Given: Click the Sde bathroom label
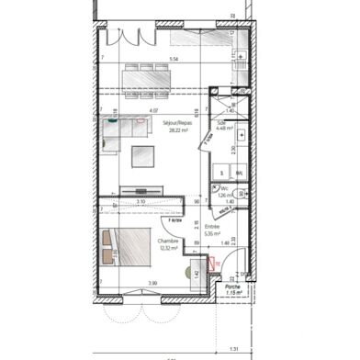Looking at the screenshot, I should click(x=222, y=121).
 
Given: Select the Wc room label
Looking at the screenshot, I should click(x=225, y=188).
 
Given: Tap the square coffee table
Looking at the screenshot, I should click(x=144, y=156).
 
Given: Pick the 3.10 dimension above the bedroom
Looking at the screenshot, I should click(x=141, y=201).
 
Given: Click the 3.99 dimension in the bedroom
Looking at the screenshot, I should click(x=127, y=282).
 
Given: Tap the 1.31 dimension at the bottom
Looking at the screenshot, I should click(x=234, y=348).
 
